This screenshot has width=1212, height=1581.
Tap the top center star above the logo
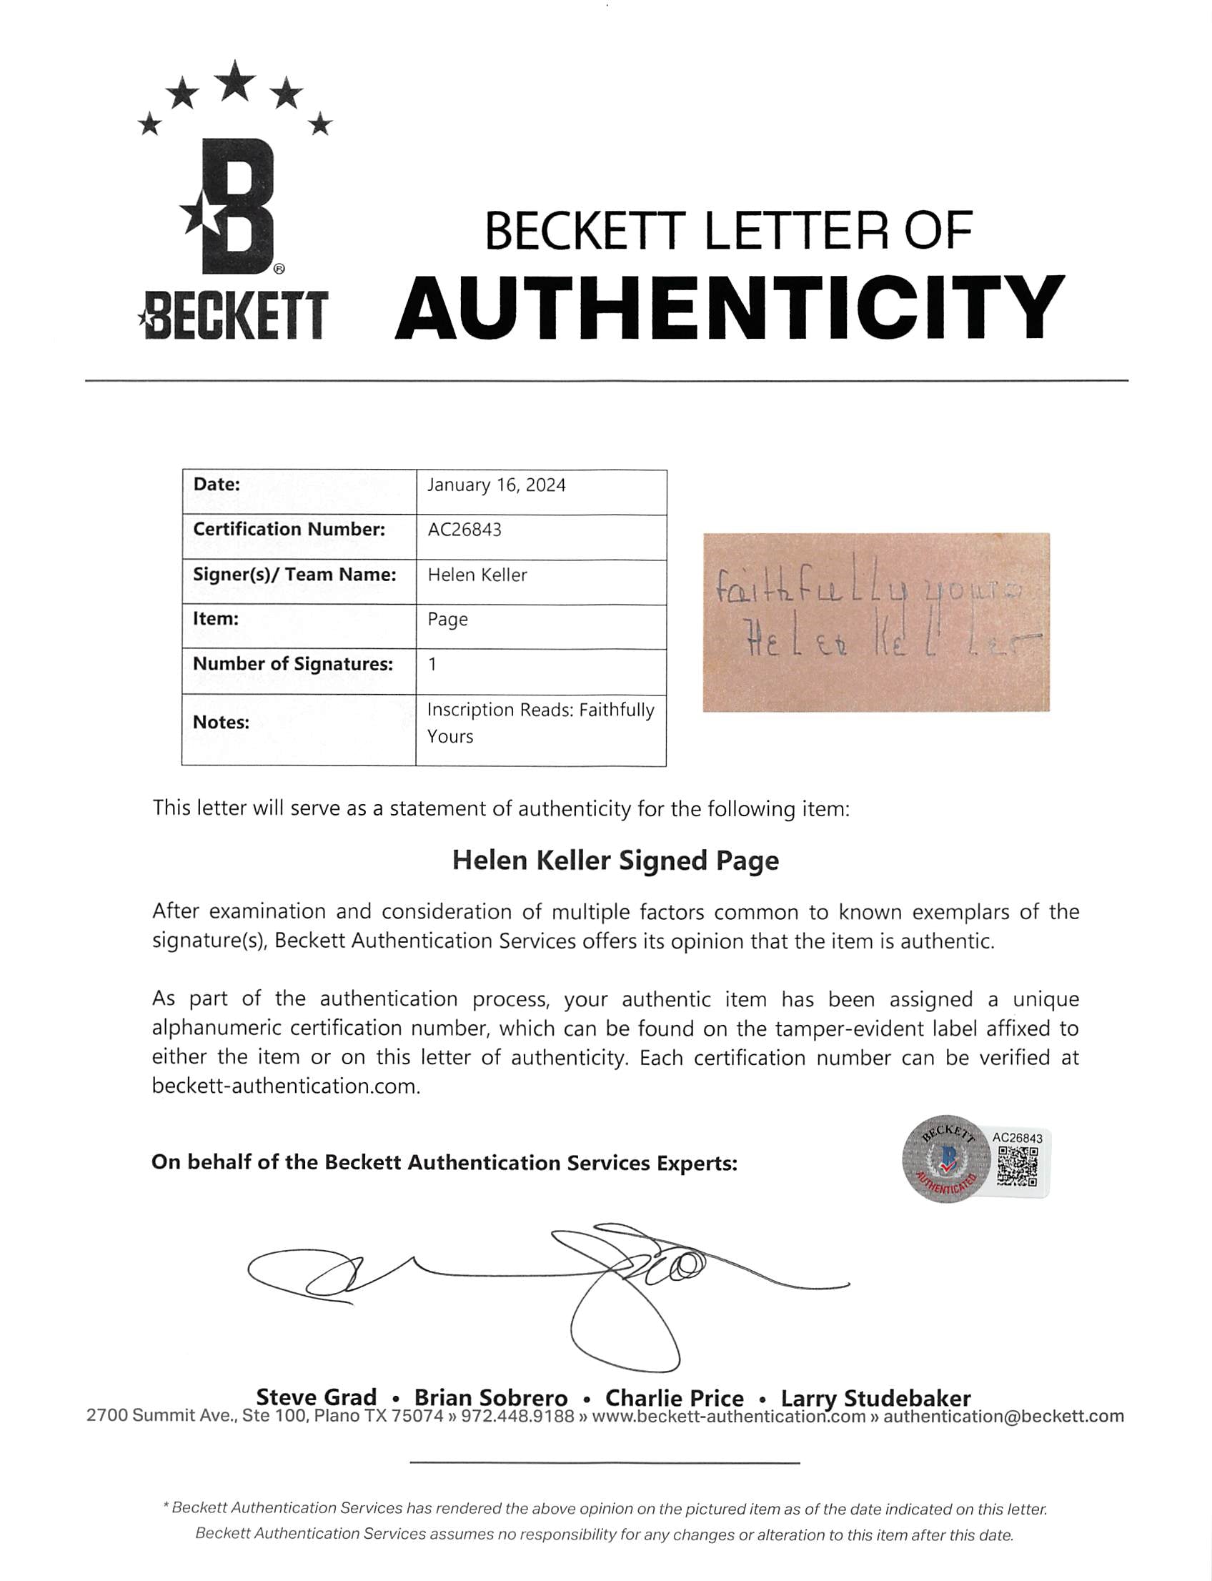click(234, 81)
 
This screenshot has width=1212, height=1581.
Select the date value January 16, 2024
click(497, 485)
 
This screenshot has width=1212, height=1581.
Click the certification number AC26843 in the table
click(465, 530)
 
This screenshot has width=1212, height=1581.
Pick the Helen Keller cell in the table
click(477, 575)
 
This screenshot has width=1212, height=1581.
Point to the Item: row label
click(216, 618)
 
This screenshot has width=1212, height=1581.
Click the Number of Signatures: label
click(293, 664)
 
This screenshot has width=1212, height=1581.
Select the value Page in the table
click(447, 620)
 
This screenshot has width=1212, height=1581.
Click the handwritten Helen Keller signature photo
click(876, 622)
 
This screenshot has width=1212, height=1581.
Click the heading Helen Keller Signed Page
click(615, 861)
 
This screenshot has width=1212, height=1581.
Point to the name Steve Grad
click(316, 1397)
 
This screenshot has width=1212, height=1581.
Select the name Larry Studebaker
click(875, 1398)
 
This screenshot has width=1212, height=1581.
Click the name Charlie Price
click(674, 1398)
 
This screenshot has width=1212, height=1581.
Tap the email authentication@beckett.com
click(1003, 1416)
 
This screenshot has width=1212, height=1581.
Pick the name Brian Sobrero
click(490, 1398)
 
